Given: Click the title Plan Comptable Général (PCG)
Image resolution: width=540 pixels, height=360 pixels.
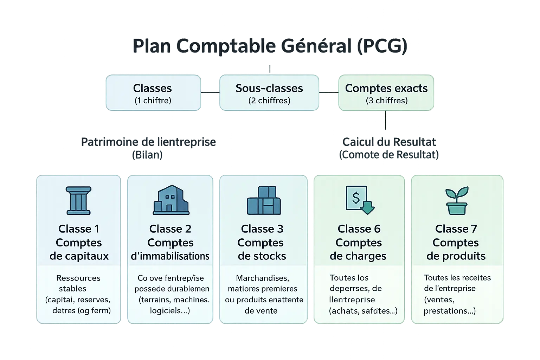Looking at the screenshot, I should tap(270, 46).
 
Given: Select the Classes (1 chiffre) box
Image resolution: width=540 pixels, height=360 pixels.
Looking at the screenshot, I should tap(153, 93).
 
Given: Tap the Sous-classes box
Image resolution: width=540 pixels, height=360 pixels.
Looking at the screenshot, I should tap(269, 93).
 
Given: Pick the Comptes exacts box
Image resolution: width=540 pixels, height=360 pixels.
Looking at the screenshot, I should tap(386, 93).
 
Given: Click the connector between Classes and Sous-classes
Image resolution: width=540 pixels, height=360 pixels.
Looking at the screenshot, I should tap(210, 92).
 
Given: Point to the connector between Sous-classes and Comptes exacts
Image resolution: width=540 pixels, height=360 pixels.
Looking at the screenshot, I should tap(328, 92).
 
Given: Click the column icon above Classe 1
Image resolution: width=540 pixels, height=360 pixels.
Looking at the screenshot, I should tap(78, 200).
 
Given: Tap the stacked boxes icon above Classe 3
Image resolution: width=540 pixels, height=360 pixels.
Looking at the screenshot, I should tap(264, 200).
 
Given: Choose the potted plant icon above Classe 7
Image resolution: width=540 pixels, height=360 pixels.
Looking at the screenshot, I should tap(456, 201).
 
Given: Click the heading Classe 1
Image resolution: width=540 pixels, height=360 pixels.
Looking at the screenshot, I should tap(79, 229).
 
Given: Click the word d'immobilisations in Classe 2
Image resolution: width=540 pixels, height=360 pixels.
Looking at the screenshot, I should tap(170, 256).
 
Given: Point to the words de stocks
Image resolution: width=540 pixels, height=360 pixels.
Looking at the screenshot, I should tap(262, 256).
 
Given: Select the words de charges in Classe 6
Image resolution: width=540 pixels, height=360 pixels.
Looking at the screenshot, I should tap(358, 256).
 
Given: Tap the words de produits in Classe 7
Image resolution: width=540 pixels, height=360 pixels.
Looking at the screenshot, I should tap(456, 256).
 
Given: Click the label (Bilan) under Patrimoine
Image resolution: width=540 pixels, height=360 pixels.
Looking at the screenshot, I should tap(147, 155).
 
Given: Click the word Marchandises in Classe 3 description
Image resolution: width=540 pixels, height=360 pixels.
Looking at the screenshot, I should tap(262, 278).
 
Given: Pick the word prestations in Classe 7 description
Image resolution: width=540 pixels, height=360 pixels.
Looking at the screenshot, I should tap(449, 311).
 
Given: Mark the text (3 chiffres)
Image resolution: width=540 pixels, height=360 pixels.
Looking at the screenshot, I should tap(387, 101).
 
